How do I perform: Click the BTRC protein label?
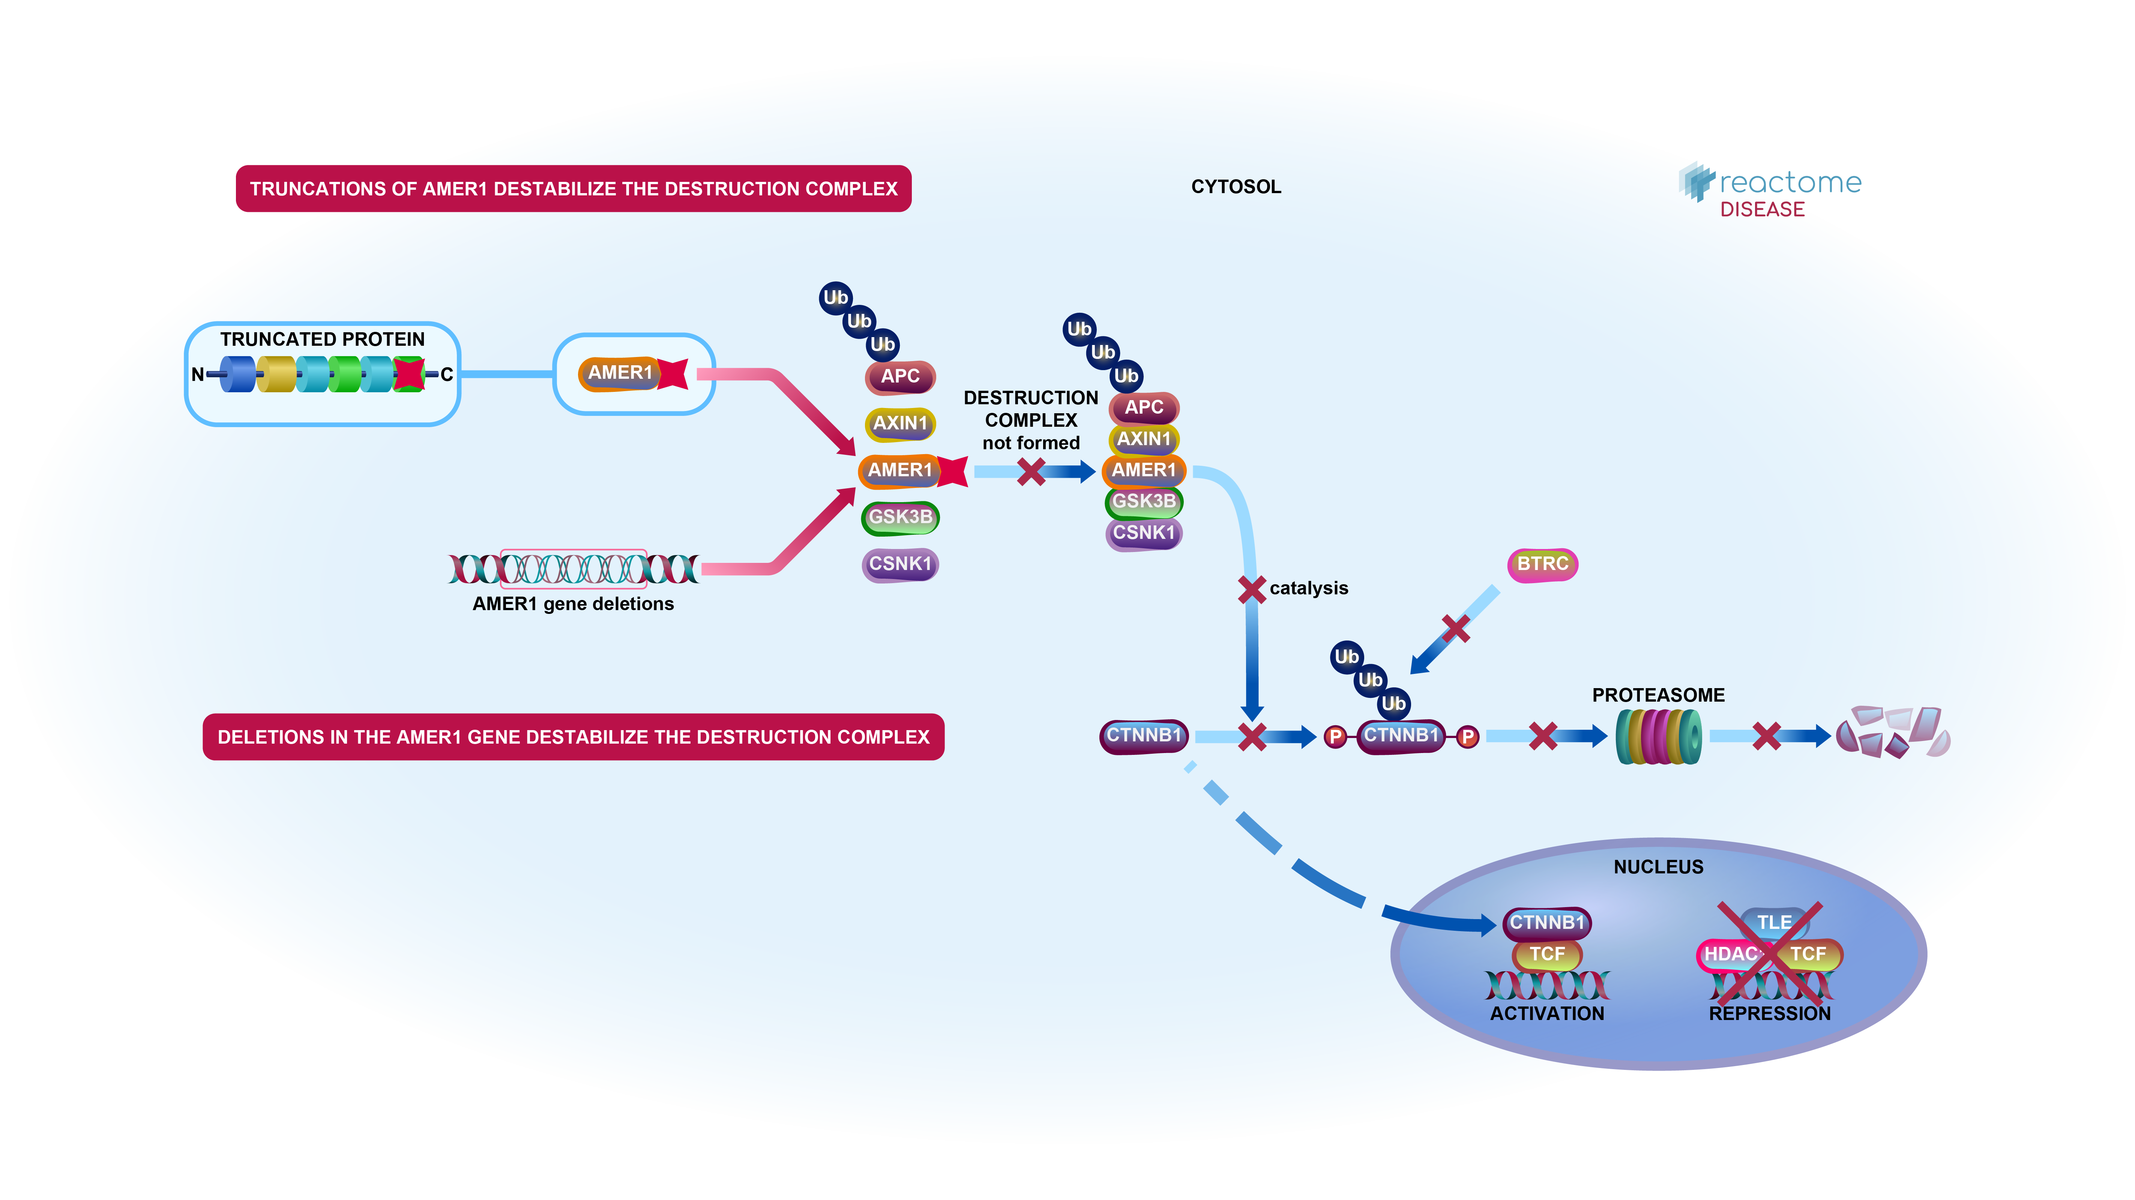1542,564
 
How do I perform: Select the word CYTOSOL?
1236,187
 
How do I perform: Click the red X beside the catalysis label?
1252,589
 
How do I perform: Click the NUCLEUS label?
1658,867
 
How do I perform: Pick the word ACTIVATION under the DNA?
1546,1014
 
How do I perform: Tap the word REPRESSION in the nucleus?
1770,1014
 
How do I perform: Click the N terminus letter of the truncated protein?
197,375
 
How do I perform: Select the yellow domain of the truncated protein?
276,375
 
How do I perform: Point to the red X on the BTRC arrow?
1455,628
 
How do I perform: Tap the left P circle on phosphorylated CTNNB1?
1335,736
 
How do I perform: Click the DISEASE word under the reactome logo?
1762,210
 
